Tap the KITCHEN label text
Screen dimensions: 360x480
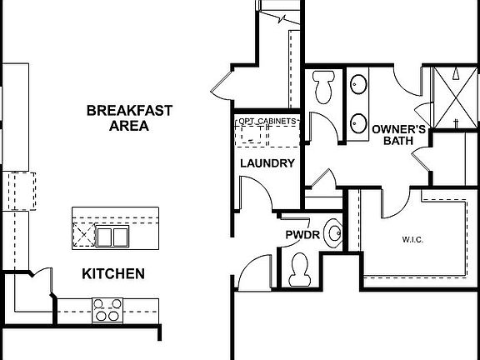coord(113,273)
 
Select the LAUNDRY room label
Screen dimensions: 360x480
coord(267,163)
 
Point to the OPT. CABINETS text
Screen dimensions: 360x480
coord(267,122)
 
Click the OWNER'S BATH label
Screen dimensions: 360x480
coord(399,135)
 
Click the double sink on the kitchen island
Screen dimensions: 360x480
coord(111,238)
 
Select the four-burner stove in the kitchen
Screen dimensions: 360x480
coord(106,309)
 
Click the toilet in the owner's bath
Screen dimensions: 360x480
coord(322,85)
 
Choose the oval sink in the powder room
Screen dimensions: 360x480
coord(334,233)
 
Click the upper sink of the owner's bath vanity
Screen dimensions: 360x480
coord(359,84)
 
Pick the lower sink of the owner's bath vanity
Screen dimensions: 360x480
coord(359,122)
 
